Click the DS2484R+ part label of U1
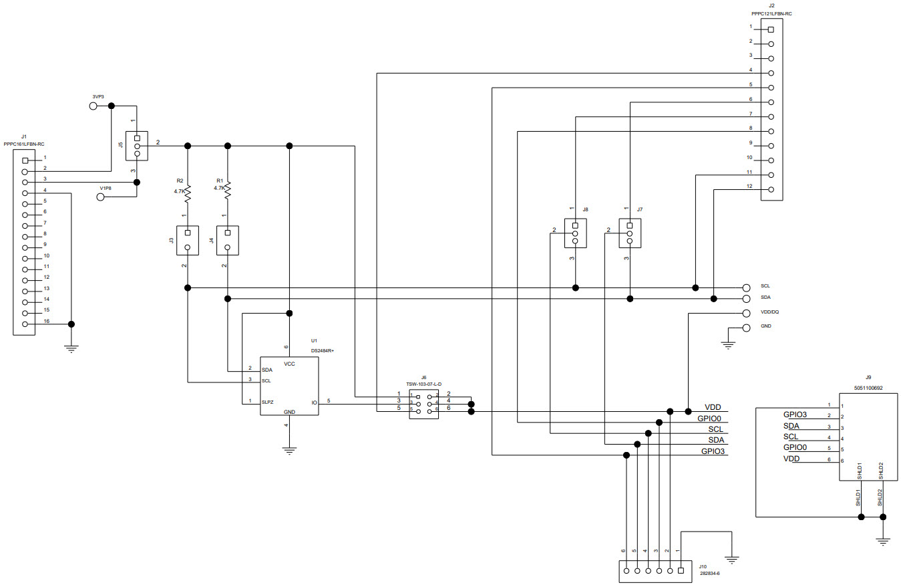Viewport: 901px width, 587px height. click(322, 350)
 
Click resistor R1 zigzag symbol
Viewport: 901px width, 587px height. click(228, 190)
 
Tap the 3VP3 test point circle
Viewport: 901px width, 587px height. click(94, 106)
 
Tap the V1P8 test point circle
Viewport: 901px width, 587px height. click(101, 197)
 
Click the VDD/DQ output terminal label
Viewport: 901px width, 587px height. click(770, 313)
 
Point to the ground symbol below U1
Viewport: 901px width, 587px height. click(289, 450)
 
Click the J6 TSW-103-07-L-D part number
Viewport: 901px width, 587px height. click(424, 384)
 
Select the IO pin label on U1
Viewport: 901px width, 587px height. click(313, 402)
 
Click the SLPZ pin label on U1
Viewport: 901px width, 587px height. click(267, 402)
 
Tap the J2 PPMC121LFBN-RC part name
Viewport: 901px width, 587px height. click(771, 13)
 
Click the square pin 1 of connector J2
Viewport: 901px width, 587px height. click(771, 29)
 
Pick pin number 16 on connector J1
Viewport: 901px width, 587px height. click(46, 321)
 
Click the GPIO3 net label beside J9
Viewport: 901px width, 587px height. click(795, 415)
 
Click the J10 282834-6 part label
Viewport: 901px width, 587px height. click(709, 574)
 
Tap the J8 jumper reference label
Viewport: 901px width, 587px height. click(585, 209)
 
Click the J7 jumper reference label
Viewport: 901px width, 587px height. click(639, 209)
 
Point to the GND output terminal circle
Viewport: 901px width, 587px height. click(746, 327)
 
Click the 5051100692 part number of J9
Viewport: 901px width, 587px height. click(868, 388)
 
